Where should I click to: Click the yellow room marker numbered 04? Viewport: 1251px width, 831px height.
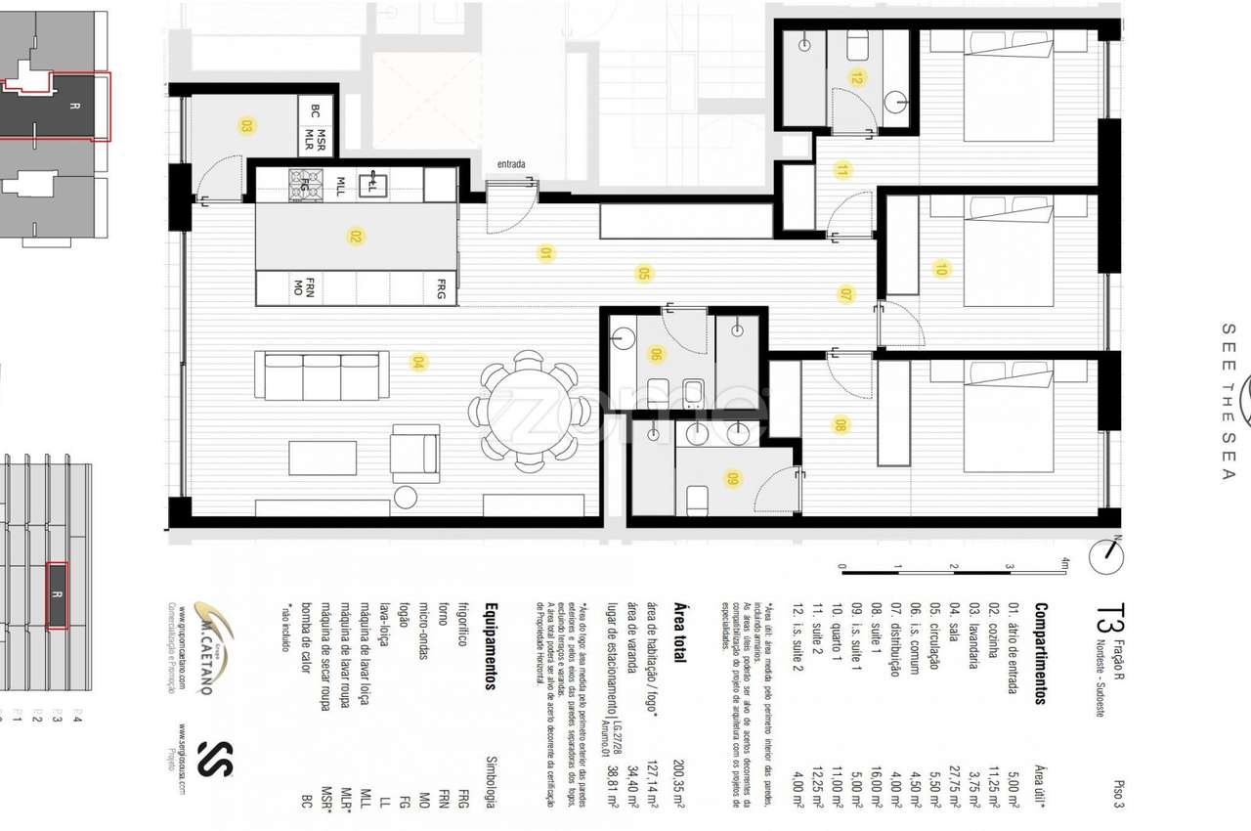pyautogui.click(x=418, y=363)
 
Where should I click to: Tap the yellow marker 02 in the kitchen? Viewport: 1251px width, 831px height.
pyautogui.click(x=356, y=236)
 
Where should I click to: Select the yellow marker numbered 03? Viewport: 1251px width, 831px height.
pyautogui.click(x=246, y=125)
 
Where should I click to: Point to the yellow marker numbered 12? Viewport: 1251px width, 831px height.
pyautogui.click(x=857, y=77)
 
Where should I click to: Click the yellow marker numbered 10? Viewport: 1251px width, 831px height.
pyautogui.click(x=941, y=269)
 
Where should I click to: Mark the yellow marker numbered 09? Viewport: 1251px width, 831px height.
pyautogui.click(x=733, y=479)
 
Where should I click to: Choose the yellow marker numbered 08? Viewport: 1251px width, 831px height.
pyautogui.click(x=840, y=424)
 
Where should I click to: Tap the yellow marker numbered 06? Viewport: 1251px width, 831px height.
pyautogui.click(x=656, y=354)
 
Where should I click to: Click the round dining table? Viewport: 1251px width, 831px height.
pyautogui.click(x=529, y=411)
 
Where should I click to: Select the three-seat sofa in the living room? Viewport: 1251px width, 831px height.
pyautogui.click(x=322, y=375)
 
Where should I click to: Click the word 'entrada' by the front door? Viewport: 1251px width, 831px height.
pyautogui.click(x=511, y=164)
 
